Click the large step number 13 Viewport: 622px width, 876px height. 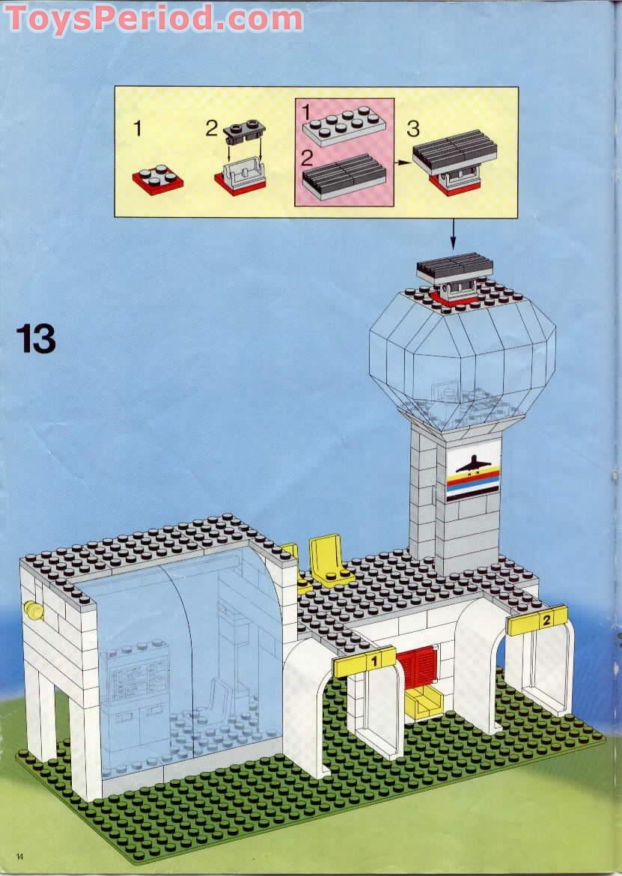[x=36, y=338]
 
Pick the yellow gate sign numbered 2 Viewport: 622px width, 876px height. [x=537, y=620]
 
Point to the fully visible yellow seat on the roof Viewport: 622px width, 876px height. [x=330, y=559]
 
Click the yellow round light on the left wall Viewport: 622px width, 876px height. [x=34, y=610]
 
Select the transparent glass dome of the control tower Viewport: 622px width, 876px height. [x=462, y=359]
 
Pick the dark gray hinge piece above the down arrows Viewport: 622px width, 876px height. [x=244, y=132]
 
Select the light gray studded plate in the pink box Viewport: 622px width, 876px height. [x=344, y=124]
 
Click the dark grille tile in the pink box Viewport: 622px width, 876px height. [x=344, y=177]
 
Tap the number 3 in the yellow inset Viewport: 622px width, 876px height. [x=412, y=128]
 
